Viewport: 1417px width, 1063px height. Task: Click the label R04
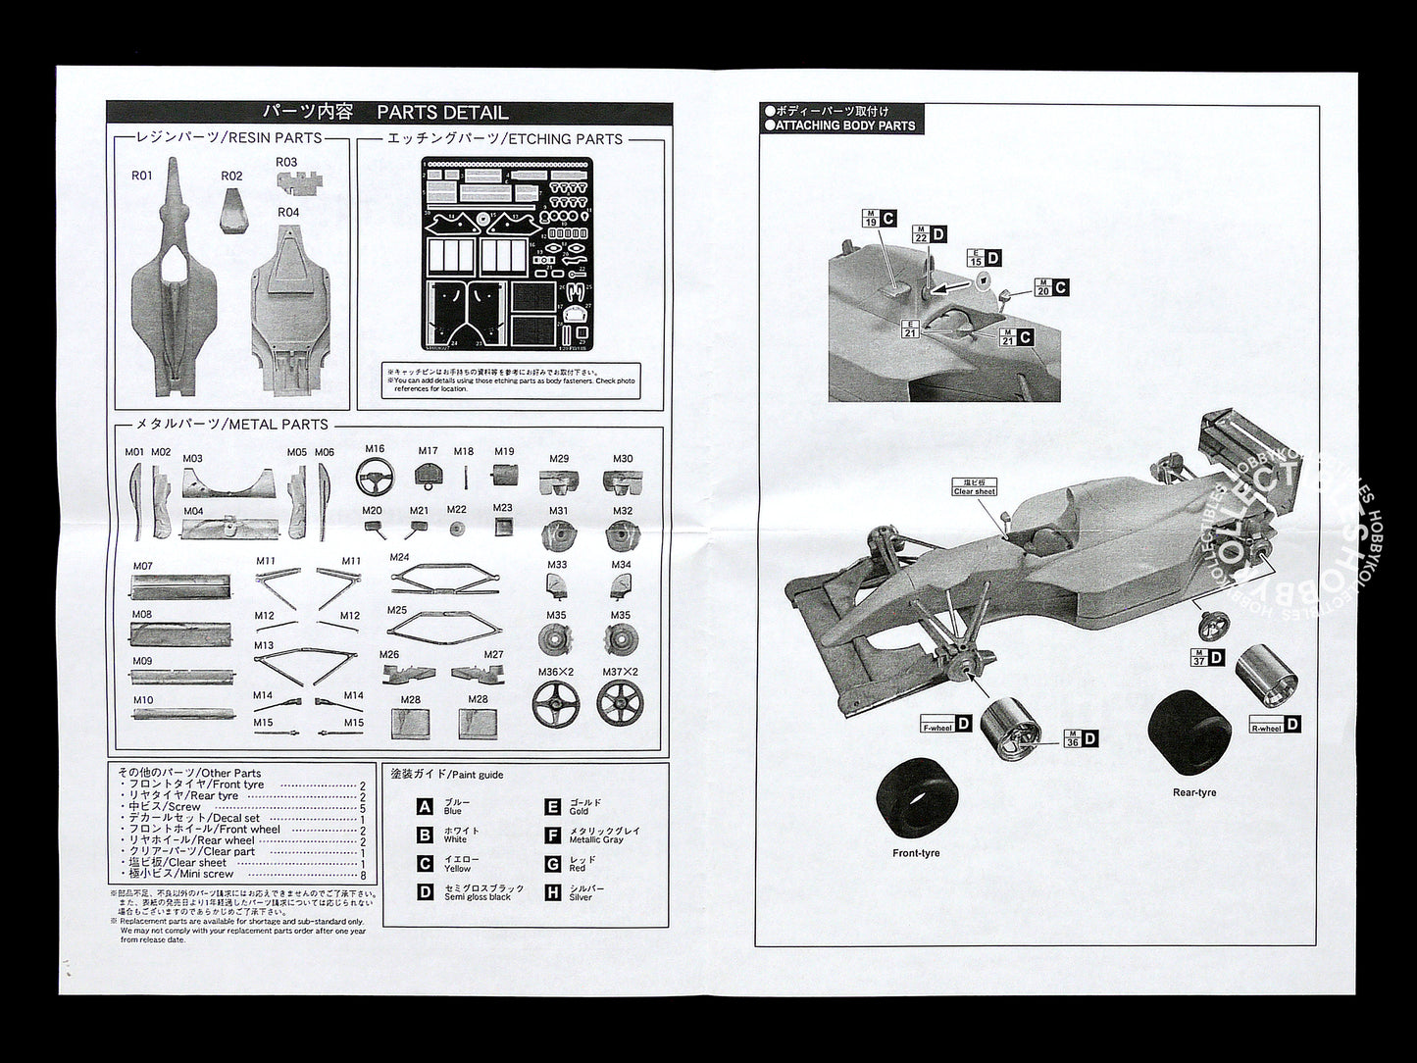(x=288, y=212)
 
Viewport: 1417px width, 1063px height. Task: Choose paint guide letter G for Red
(x=552, y=864)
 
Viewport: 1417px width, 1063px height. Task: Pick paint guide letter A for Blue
(x=425, y=807)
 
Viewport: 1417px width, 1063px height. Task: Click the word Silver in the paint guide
(x=581, y=897)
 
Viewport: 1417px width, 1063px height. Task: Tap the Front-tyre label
(x=916, y=853)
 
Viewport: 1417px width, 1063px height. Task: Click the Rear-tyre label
(x=1193, y=792)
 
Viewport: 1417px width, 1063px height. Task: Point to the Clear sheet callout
(x=974, y=487)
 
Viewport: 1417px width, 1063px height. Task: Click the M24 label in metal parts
(x=399, y=557)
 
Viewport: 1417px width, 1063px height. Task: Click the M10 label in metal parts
(x=143, y=700)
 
